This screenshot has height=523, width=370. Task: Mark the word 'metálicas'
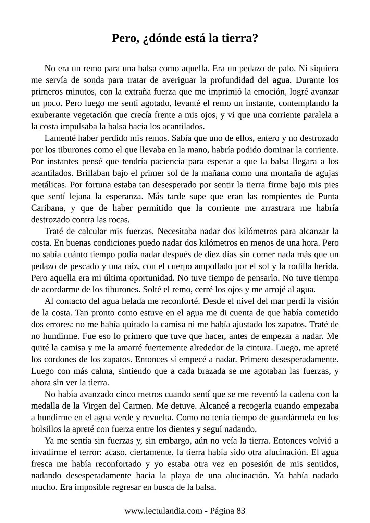click(x=49, y=185)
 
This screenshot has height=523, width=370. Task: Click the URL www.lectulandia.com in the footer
click(x=163, y=511)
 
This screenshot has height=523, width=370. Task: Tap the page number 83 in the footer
click(x=241, y=511)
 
